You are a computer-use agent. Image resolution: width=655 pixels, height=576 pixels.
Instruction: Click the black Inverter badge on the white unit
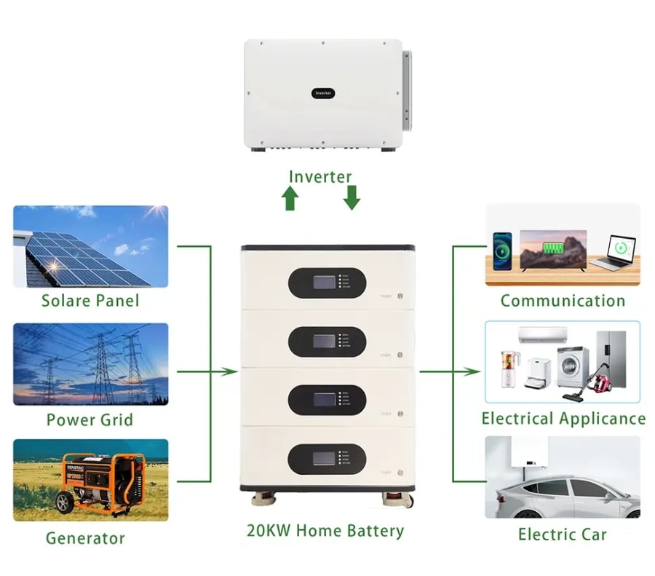(322, 93)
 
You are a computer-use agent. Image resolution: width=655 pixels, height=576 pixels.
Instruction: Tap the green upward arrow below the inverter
(290, 198)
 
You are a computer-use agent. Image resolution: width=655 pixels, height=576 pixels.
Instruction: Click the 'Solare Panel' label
(90, 300)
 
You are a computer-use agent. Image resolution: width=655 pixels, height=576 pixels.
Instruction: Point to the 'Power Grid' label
(90, 419)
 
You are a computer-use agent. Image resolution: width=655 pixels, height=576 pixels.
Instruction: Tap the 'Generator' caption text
(85, 538)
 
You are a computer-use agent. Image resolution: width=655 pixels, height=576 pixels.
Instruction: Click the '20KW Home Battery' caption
(325, 530)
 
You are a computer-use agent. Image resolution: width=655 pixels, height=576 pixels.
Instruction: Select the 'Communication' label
(563, 301)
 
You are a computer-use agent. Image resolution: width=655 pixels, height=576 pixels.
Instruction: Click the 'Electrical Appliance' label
(563, 419)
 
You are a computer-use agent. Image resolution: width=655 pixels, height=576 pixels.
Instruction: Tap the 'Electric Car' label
(562, 534)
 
